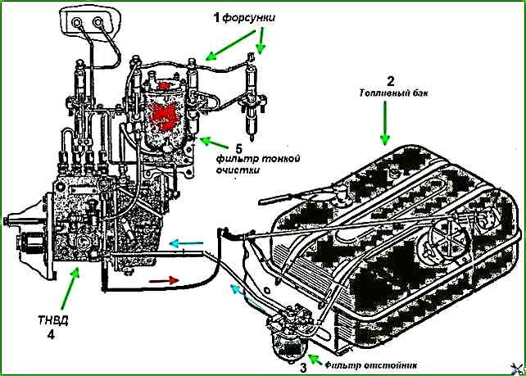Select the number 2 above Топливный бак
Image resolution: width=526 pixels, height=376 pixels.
pyautogui.click(x=391, y=80)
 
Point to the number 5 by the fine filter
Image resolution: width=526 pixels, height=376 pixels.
pyautogui.click(x=238, y=146)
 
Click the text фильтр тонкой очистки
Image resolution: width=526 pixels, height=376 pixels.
pyautogui.click(x=247, y=164)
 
